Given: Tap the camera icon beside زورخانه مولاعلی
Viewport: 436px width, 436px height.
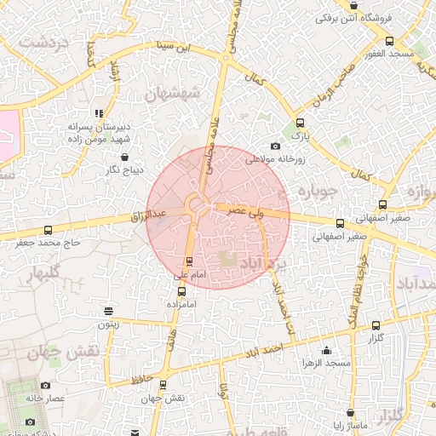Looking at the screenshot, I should pos(274,146).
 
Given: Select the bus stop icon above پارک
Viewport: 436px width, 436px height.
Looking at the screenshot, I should pos(298,123).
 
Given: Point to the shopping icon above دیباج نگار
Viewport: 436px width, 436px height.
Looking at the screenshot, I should pos(126,158).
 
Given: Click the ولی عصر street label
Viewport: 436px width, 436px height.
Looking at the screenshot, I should pos(247,209).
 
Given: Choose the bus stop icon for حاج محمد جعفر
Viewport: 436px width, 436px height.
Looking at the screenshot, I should pos(48,230).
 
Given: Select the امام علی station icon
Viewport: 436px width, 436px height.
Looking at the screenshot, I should pos(188,261).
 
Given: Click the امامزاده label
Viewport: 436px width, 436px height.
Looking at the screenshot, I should pos(181,304).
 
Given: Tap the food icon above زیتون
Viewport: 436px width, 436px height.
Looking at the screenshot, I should pos(107,312).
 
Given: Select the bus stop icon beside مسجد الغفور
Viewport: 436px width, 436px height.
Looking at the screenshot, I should pos(390,41).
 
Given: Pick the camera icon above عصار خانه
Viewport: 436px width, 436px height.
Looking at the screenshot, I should pos(32,422).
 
